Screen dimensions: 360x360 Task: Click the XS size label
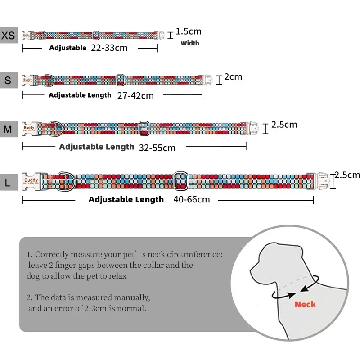pos(8,35)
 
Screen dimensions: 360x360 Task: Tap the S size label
pos(8,81)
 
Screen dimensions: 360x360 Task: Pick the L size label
pos(8,183)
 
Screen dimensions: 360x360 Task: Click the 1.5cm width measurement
pos(189,31)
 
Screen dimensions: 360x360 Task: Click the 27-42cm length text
pos(135,95)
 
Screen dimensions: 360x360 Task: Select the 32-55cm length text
pos(157,147)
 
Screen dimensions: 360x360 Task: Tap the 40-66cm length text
pos(191,199)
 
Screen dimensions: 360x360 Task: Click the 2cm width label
pos(233,77)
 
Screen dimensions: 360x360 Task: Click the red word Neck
pos(305,305)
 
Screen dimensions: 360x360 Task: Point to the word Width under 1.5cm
pos(190,44)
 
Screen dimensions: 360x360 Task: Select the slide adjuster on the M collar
pos(144,128)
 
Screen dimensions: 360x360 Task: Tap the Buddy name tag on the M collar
pos(28,129)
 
